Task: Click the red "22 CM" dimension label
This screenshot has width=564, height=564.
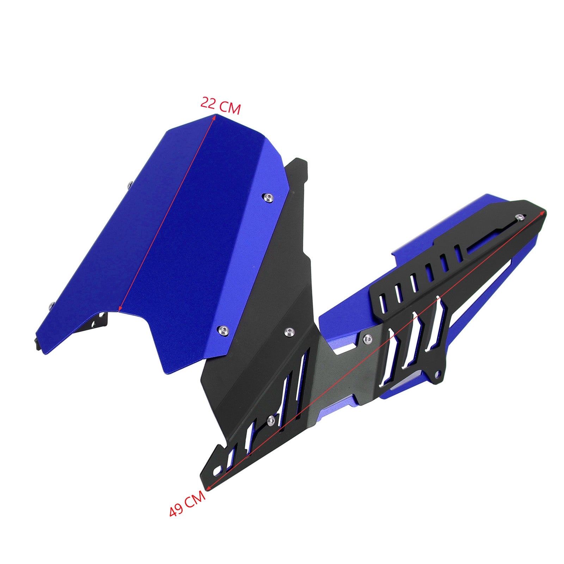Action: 221,106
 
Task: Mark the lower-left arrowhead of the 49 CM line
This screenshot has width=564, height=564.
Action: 208,488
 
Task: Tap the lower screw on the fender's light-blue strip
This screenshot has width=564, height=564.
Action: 222,330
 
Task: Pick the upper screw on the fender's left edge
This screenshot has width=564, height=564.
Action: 130,183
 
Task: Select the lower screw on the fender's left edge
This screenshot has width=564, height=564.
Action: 52,305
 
